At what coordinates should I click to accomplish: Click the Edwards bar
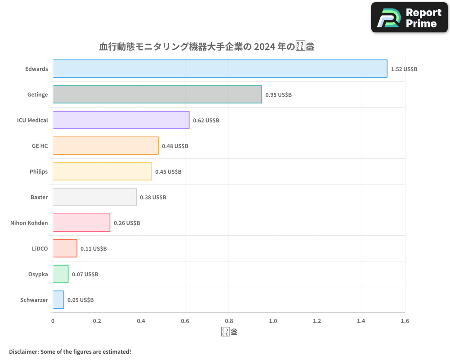(x=220, y=69)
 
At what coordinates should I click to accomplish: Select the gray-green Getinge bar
(x=157, y=94)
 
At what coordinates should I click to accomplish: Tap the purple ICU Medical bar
(x=121, y=120)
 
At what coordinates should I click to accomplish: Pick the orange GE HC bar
(x=105, y=146)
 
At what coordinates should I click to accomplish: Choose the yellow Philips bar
(x=102, y=171)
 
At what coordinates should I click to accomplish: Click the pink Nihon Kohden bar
(x=81, y=223)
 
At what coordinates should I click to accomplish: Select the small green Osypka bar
(x=60, y=274)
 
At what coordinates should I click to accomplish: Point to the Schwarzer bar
(x=58, y=300)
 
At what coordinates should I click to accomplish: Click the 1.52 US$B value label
(x=404, y=69)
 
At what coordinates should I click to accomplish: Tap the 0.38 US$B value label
(x=153, y=198)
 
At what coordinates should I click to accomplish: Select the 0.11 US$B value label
(x=93, y=249)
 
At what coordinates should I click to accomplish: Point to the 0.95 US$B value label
(x=278, y=95)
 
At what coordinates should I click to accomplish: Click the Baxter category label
(x=39, y=197)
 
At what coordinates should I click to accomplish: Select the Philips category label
(x=39, y=171)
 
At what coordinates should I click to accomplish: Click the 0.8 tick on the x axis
(x=229, y=321)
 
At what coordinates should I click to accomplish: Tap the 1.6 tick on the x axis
(x=405, y=321)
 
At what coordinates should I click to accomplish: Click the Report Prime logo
(x=409, y=18)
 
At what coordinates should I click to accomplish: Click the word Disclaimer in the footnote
(x=23, y=351)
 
